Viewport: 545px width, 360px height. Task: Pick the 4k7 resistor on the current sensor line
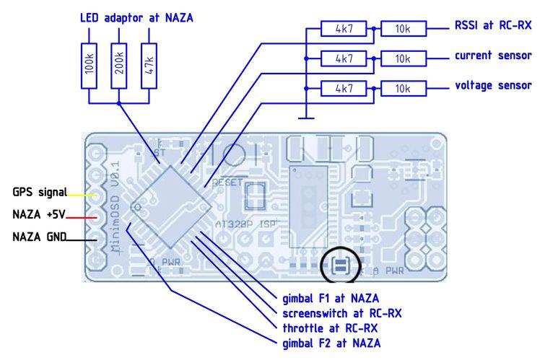tap(344, 58)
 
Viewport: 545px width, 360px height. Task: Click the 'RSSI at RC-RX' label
tap(493, 26)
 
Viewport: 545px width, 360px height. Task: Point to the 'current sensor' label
tap(492, 56)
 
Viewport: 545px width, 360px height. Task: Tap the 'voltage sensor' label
tap(492, 85)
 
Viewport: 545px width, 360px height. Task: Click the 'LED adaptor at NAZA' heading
tap(137, 16)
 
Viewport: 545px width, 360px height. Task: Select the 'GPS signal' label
tap(39, 193)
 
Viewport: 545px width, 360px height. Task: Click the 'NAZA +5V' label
tap(39, 214)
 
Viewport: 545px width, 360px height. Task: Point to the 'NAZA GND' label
tap(39, 236)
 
